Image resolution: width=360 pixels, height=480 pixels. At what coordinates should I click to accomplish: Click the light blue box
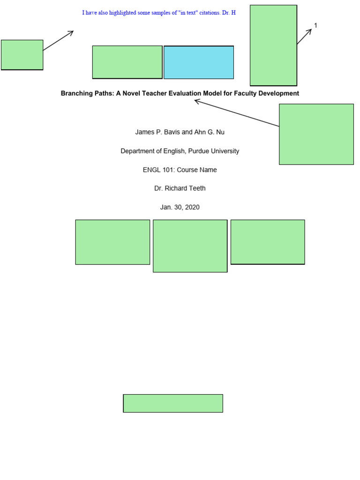(198, 62)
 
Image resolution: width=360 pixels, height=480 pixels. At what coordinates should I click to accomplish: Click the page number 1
(315, 26)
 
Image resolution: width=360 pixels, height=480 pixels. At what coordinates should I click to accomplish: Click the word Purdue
(201, 151)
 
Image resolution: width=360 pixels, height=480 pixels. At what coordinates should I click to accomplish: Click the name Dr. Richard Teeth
(180, 188)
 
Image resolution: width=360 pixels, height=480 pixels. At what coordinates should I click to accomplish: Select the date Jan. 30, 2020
(180, 207)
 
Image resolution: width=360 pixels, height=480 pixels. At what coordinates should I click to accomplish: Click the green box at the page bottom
(173, 403)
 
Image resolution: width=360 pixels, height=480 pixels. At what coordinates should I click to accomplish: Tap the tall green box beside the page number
(273, 45)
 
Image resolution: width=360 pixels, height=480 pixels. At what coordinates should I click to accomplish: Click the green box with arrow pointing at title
(316, 134)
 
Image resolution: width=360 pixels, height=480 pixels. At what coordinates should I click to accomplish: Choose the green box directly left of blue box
(127, 62)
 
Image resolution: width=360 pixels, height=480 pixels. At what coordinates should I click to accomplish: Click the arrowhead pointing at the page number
(310, 30)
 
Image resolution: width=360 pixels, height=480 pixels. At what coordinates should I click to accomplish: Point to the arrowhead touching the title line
(197, 100)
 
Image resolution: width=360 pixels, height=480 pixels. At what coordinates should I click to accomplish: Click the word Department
(137, 151)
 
